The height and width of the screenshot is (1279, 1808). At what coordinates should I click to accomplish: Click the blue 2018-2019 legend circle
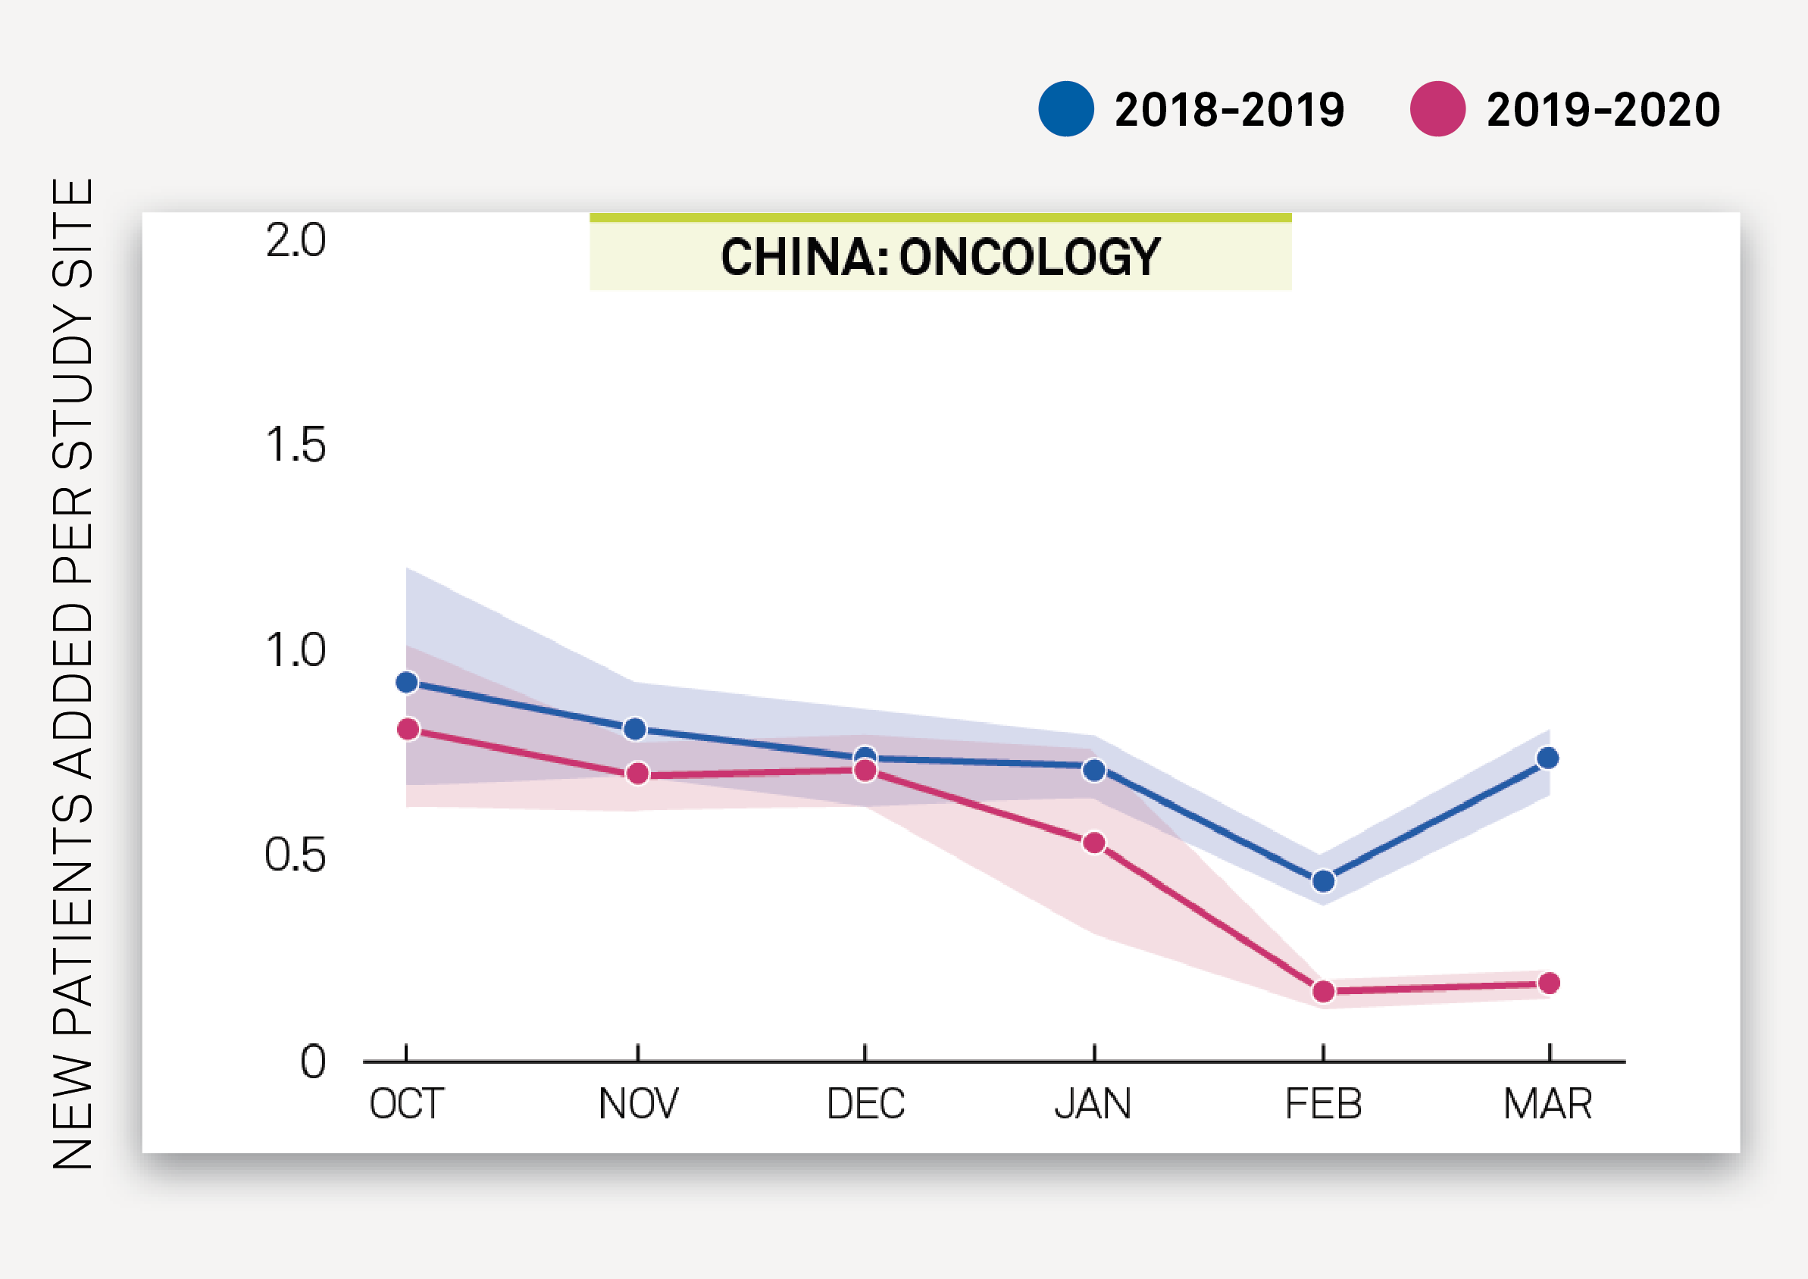click(x=1065, y=108)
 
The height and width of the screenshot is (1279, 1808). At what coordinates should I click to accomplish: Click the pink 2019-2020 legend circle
click(x=1437, y=108)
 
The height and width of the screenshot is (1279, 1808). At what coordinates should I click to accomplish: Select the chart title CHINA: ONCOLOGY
click(x=940, y=257)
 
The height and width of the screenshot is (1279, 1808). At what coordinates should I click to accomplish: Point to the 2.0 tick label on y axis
click(x=296, y=240)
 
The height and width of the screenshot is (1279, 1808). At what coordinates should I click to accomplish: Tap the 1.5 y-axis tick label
click(x=296, y=445)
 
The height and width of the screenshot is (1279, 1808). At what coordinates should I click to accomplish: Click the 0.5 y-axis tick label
click(x=296, y=855)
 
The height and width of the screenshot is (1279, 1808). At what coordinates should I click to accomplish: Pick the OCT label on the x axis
click(x=406, y=1103)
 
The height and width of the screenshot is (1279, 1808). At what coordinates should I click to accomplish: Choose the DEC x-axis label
click(x=865, y=1103)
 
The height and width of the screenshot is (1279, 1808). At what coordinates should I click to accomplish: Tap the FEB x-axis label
click(x=1323, y=1103)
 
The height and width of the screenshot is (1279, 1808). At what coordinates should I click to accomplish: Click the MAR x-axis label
click(x=1547, y=1103)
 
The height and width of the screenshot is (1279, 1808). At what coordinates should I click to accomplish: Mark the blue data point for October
click(x=406, y=682)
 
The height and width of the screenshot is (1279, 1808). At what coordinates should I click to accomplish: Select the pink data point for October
click(x=408, y=729)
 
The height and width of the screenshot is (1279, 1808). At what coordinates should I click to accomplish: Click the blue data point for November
click(x=635, y=729)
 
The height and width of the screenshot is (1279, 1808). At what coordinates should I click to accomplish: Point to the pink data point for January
click(x=1093, y=843)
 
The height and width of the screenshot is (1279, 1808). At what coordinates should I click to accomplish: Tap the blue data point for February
click(x=1323, y=880)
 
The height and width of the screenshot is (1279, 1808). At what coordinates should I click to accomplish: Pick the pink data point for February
click(x=1323, y=991)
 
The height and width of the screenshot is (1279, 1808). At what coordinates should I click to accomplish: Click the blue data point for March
click(x=1547, y=758)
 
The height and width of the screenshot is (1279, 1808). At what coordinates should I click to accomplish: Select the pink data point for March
click(x=1549, y=983)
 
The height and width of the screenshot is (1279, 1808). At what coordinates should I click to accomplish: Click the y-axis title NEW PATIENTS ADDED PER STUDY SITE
click(x=73, y=674)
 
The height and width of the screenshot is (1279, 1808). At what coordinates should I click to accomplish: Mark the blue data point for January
click(x=1093, y=771)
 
